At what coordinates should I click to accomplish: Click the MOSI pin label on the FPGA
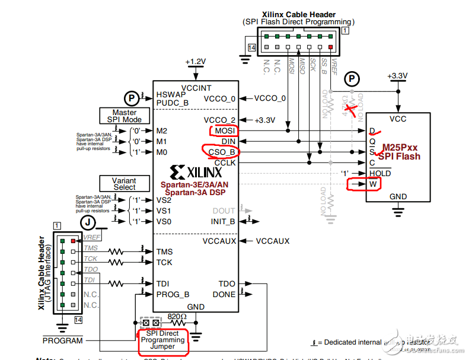(224, 130)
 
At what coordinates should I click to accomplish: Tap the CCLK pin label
(225, 163)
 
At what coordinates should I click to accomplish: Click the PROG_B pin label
(173, 294)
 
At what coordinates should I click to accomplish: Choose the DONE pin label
(224, 294)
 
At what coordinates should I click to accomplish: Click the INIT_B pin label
(223, 221)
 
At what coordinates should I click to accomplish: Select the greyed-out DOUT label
(224, 211)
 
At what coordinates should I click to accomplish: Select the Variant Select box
(125, 183)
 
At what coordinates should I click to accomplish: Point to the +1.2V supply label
(195, 62)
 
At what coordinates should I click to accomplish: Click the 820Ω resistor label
(177, 317)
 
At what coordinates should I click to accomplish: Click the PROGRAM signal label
(62, 341)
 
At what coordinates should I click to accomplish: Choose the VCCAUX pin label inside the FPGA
(219, 241)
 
